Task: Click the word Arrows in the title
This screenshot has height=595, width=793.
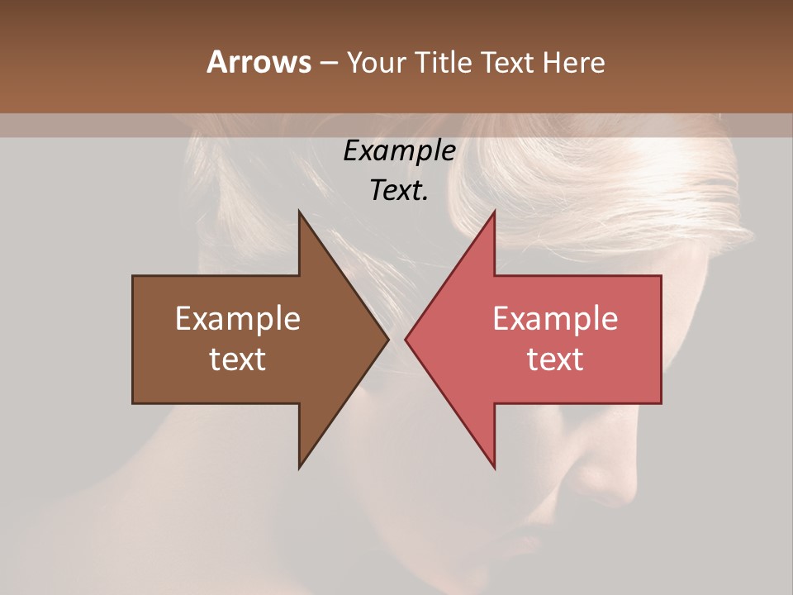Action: click(259, 62)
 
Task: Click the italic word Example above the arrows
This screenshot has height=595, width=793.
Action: click(399, 150)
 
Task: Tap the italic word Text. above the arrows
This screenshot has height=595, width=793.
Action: click(399, 190)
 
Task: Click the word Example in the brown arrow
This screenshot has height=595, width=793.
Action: click(237, 319)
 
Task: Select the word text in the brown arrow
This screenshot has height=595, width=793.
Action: click(237, 359)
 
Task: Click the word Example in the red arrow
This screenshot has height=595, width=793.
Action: click(555, 319)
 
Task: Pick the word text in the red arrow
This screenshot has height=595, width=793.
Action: click(555, 359)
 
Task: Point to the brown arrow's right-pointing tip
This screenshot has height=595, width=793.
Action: click(388, 339)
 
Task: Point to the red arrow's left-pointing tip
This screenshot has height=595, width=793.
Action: click(406, 339)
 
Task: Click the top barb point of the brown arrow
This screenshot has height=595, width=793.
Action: click(299, 212)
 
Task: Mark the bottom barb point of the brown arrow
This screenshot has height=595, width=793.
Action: click(299, 468)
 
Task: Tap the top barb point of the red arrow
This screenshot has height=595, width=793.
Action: click(494, 212)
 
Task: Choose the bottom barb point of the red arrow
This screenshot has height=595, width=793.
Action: click(494, 468)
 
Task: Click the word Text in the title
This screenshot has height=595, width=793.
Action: click(506, 62)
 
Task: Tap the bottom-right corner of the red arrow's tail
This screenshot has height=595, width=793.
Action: click(661, 402)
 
